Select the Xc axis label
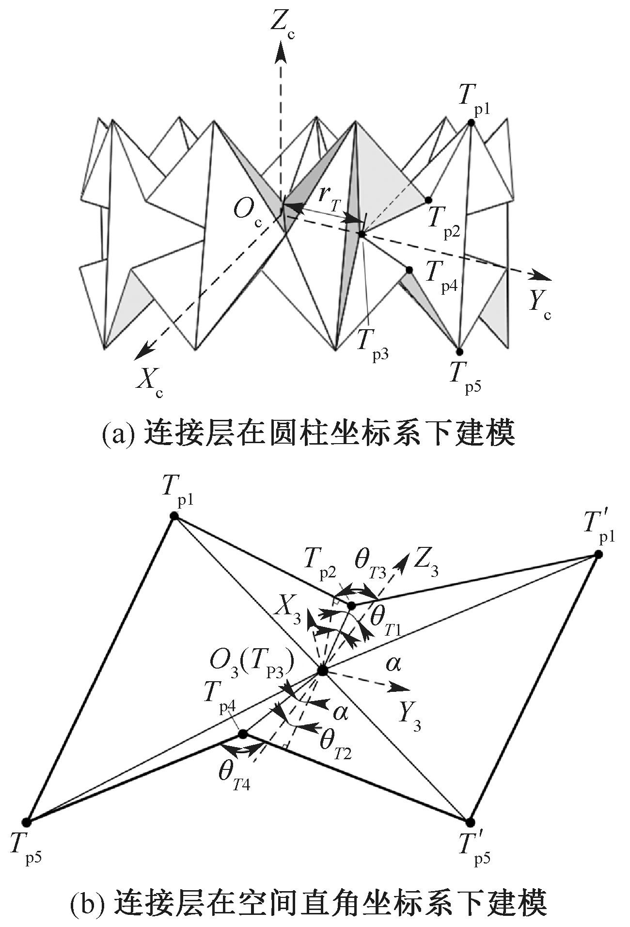pos(149,381)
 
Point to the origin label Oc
pos(248,213)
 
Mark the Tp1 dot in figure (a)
pos(471,123)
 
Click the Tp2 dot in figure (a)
pos(428,200)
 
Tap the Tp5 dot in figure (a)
pos(459,352)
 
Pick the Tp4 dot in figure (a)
pos(409,270)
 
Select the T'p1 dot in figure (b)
pos(598,554)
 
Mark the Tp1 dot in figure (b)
pos(174,516)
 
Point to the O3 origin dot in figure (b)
pos(322,671)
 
